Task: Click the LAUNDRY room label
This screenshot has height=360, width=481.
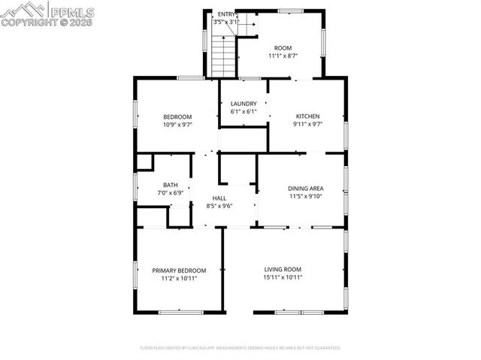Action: (244, 104)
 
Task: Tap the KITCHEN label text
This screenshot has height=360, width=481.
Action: (307, 116)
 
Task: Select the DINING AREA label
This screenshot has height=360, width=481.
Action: (305, 188)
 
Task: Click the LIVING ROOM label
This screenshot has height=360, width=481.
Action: (283, 269)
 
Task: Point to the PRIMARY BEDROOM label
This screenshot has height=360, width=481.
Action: (179, 271)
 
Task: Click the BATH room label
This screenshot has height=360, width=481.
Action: (171, 185)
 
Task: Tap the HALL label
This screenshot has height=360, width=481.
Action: (219, 198)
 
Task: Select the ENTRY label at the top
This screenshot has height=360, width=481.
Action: (226, 14)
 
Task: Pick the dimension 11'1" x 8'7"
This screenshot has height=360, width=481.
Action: (283, 56)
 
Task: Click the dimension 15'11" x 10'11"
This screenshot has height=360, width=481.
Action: (283, 277)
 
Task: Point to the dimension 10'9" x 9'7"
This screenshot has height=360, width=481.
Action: (178, 125)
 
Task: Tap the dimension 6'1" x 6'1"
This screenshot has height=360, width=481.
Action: (244, 112)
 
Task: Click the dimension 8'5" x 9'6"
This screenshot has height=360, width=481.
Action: (219, 206)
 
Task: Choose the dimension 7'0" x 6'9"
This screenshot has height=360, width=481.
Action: (171, 193)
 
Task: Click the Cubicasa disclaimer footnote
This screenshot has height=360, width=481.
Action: (240, 348)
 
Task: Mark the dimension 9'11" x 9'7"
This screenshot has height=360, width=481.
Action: (307, 125)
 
